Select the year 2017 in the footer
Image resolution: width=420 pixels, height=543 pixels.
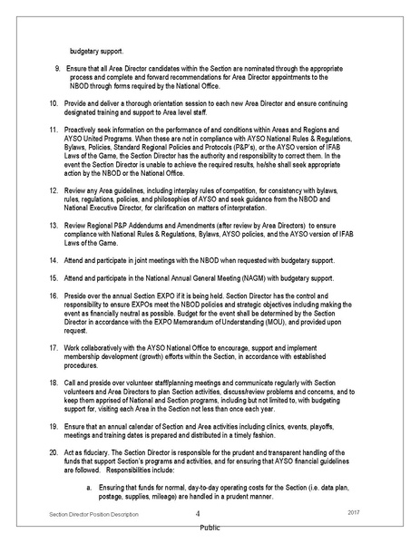point(354,514)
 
